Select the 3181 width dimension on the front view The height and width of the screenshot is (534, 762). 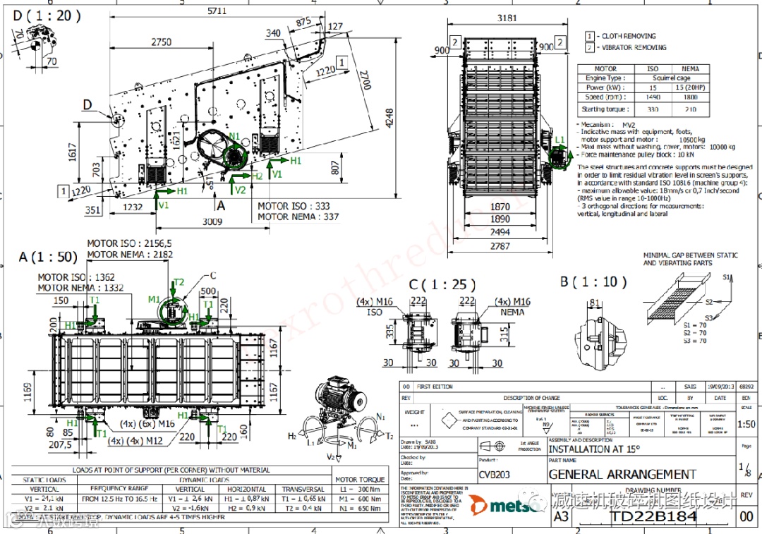[504, 18]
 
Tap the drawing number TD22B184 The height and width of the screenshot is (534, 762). [653, 516]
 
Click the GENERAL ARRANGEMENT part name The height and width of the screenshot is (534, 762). [622, 475]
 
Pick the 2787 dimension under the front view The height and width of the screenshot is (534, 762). [500, 246]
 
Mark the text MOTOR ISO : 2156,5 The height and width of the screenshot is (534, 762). [130, 243]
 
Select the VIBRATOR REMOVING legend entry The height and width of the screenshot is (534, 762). [634, 48]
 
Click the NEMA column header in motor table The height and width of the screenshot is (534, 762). [691, 69]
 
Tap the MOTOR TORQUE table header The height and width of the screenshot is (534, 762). [360, 479]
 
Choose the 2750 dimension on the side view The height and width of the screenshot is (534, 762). [161, 42]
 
